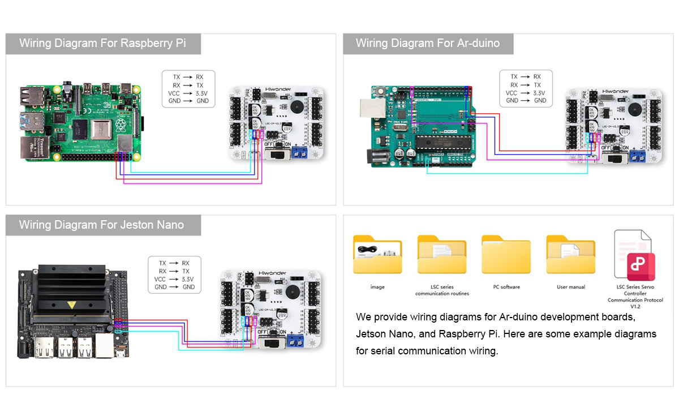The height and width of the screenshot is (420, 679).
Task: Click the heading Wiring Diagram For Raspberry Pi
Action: (x=102, y=44)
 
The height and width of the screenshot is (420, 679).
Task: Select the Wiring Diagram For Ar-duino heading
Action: (x=428, y=44)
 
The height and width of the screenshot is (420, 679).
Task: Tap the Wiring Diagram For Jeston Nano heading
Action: (x=102, y=225)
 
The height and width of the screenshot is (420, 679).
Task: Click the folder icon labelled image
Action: (x=377, y=255)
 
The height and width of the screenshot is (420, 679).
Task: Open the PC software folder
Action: (x=506, y=255)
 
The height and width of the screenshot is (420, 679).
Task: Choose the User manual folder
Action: (x=570, y=255)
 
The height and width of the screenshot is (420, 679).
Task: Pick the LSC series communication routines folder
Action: (x=442, y=255)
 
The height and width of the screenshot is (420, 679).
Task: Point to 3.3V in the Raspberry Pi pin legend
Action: (x=203, y=93)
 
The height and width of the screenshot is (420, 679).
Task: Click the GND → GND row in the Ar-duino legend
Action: (x=526, y=101)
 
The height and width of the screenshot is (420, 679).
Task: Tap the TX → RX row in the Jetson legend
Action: (x=174, y=263)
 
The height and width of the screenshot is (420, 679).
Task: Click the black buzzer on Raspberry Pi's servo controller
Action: (x=295, y=107)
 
